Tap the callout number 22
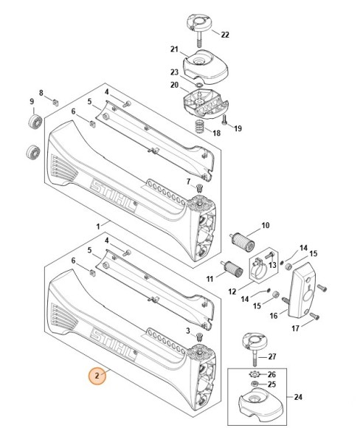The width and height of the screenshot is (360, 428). coord(225,35)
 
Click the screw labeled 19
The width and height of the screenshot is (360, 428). coord(223,117)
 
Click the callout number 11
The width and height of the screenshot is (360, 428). coord(210,278)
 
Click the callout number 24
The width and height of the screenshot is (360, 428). coord(298,398)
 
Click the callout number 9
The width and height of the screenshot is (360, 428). coord(32,101)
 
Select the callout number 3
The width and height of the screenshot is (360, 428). coord(189,331)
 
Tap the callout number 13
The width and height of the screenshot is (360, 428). coord(272,265)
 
